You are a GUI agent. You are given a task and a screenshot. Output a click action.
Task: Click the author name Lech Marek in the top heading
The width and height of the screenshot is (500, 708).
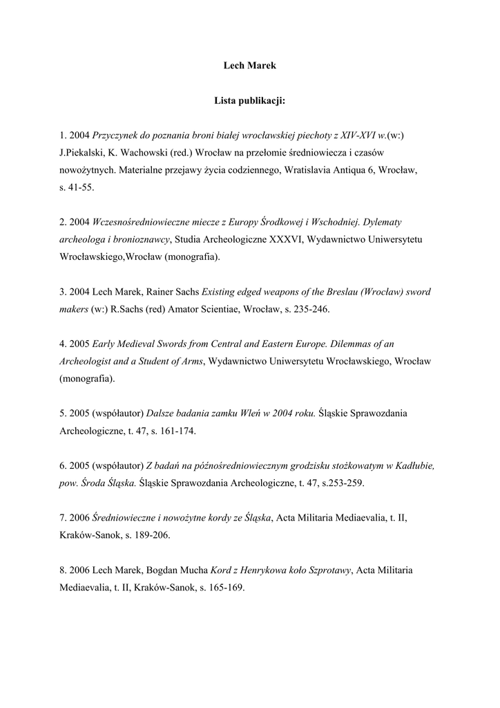[250, 66]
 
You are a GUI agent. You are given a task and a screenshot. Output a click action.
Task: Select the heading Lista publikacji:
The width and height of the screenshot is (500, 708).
[250, 100]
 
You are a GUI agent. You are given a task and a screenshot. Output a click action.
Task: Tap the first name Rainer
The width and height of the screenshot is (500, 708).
[161, 292]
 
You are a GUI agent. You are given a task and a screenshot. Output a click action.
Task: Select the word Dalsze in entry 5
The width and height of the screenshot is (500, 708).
[164, 413]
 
